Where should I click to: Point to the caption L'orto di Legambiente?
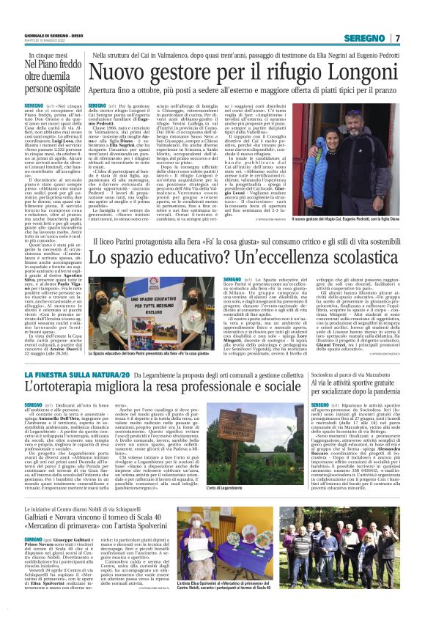(229, 487)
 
